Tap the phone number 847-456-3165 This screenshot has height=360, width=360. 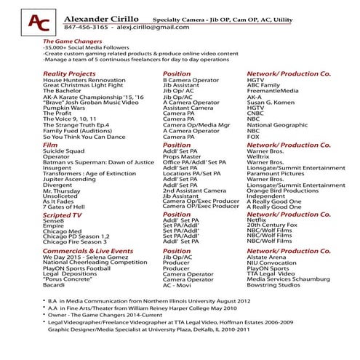86,26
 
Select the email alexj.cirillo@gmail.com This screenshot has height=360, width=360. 148,26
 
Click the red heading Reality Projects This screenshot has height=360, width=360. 69,73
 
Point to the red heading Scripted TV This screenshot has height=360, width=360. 63,215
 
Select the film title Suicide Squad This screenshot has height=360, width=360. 64,151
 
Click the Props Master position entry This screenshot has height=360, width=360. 181,156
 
